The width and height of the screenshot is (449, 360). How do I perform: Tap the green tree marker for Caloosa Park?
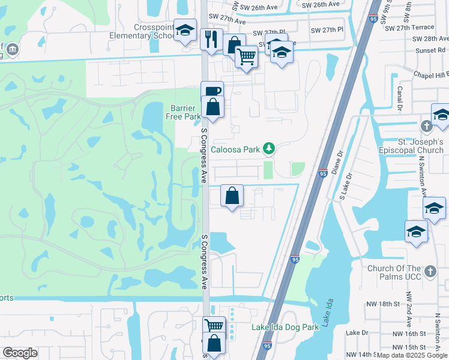tap(270, 148)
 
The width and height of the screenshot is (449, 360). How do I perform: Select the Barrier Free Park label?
tap(182, 112)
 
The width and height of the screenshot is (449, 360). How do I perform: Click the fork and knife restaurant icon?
tap(211, 39)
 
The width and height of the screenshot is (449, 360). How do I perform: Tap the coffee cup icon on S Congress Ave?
tap(212, 91)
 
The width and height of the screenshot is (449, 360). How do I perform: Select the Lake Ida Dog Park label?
tap(285, 327)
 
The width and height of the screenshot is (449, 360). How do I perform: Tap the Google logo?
tap(20, 353)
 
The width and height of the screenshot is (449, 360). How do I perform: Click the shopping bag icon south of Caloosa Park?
tap(232, 195)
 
